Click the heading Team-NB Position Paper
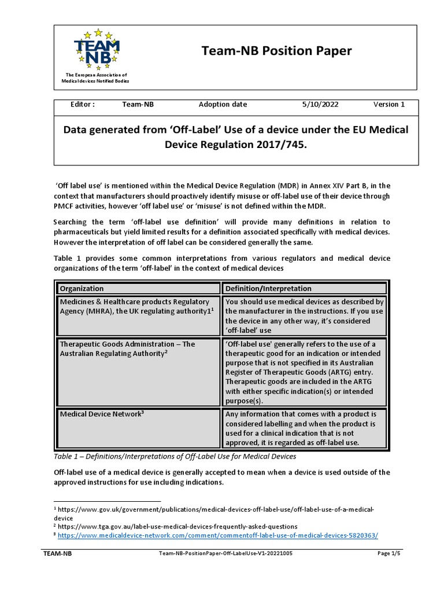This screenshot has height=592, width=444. [276, 51]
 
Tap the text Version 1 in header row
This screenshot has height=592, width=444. [388, 105]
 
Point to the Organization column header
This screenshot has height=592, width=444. [82, 288]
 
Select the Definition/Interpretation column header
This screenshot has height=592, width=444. [268, 288]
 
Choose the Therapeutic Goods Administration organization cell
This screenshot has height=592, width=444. [127, 349]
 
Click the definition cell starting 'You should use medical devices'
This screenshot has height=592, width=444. [304, 316]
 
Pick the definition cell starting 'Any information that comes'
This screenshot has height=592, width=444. [301, 428]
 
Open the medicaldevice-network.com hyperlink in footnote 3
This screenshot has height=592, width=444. [218, 535]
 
